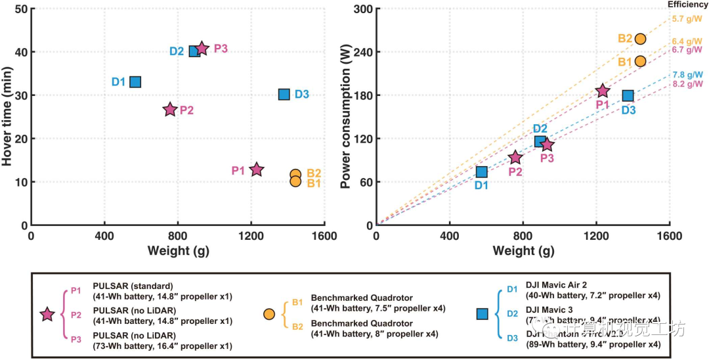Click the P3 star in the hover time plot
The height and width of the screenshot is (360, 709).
pyautogui.click(x=202, y=49)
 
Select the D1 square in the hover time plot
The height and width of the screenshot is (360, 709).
pyautogui.click(x=135, y=82)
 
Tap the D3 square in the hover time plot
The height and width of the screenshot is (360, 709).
pyautogui.click(x=284, y=94)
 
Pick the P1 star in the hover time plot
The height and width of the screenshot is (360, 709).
pyautogui.click(x=256, y=169)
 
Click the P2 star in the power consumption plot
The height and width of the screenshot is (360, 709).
pyautogui.click(x=515, y=157)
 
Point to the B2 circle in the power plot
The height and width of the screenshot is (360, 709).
pyautogui.click(x=640, y=39)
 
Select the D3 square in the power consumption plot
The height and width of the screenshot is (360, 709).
pyautogui.click(x=628, y=96)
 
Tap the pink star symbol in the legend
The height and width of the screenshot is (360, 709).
pyautogui.click(x=47, y=314)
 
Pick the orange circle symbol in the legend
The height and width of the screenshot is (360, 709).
pyautogui.click(x=269, y=314)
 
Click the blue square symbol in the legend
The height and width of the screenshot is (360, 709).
pyautogui.click(x=482, y=314)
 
